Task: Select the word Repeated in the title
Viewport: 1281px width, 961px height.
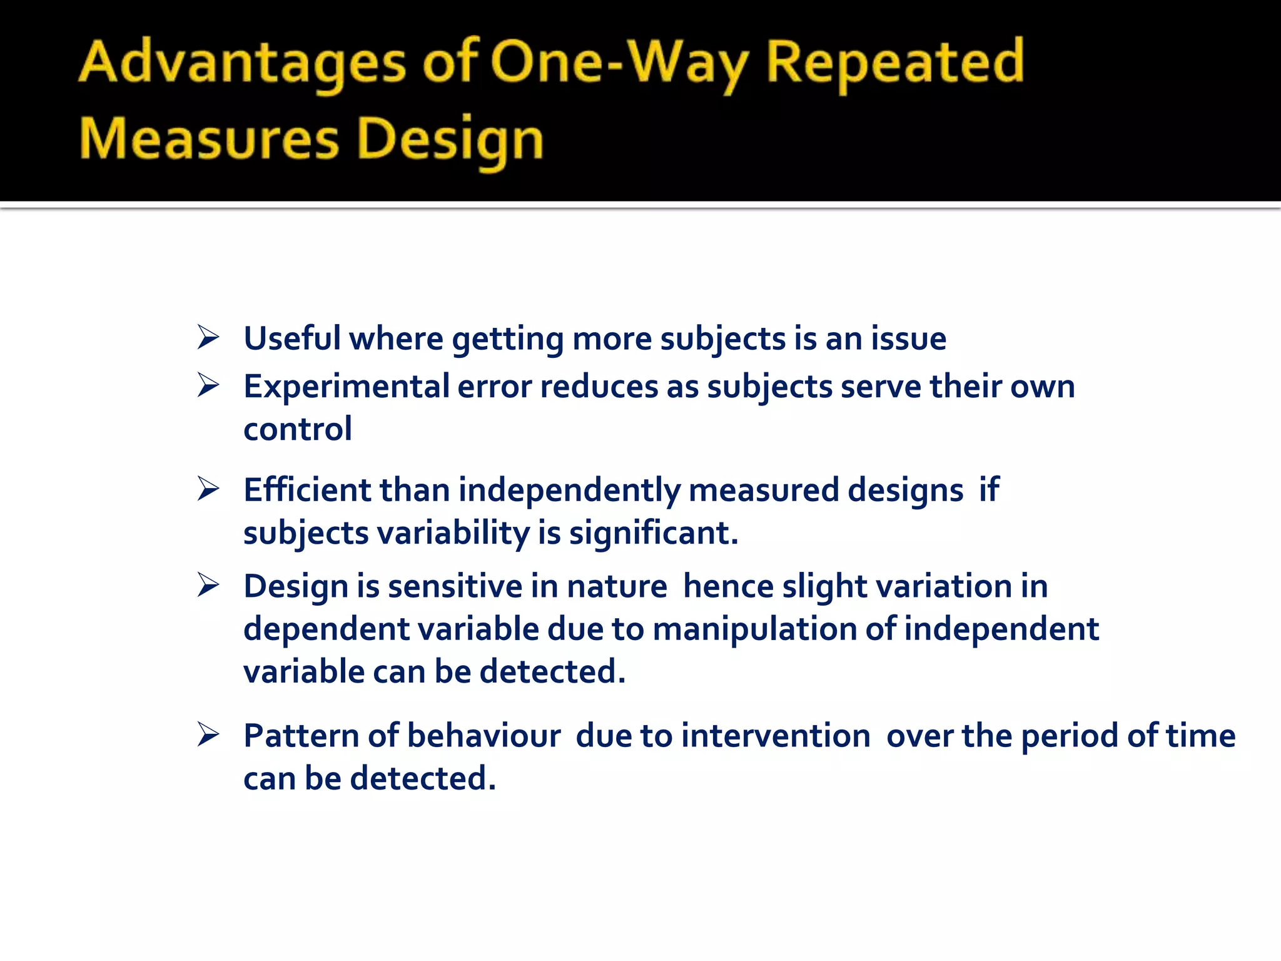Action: [894, 63]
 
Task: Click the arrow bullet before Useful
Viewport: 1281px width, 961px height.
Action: [208, 337]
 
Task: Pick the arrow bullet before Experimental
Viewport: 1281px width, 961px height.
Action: [208, 385]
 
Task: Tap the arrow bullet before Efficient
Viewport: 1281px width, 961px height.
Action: [208, 489]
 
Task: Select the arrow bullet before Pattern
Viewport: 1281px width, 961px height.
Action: [208, 734]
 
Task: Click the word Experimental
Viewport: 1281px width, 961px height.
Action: [346, 387]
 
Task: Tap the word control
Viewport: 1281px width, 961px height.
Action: [298, 429]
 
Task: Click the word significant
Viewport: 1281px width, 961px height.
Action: [654, 533]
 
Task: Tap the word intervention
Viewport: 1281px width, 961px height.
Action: [776, 736]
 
